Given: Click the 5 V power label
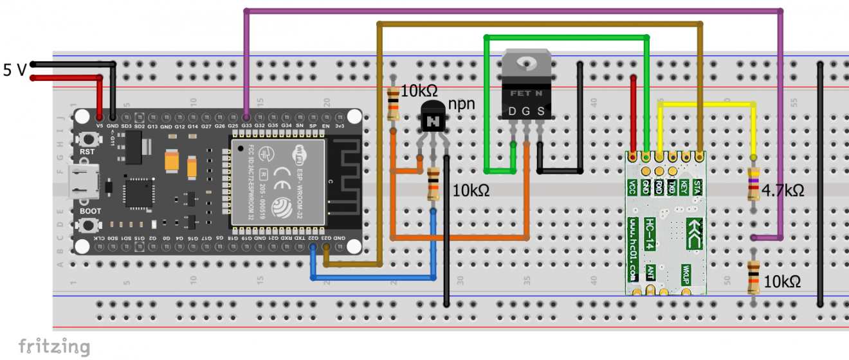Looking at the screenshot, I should click(x=15, y=70).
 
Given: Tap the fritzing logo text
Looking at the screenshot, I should click(x=54, y=346).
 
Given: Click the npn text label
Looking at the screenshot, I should click(x=462, y=104).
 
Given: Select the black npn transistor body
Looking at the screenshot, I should click(x=433, y=120).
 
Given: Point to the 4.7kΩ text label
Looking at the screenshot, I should click(x=782, y=190).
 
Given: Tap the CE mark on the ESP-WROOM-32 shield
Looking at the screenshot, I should click(x=281, y=174).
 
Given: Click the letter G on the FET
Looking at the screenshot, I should click(x=526, y=112).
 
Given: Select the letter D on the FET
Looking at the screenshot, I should click(x=513, y=112).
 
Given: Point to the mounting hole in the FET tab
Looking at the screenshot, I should click(x=526, y=63).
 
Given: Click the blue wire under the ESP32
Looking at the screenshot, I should click(x=373, y=277).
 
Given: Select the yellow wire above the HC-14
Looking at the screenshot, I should click(x=707, y=103).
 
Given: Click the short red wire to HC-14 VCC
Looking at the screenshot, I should click(x=634, y=116).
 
